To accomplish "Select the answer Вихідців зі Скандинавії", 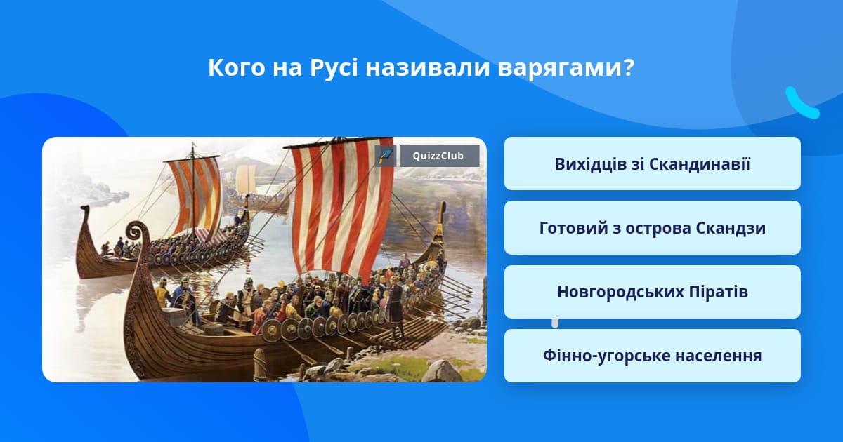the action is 653,164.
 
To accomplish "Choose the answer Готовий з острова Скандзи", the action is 653,228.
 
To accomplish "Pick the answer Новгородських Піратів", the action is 653,292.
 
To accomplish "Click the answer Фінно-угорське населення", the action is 653,356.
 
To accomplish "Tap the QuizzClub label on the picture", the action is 439,156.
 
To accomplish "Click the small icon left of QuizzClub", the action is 386,156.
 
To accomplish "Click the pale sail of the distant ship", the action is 246,179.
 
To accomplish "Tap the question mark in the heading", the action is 628,67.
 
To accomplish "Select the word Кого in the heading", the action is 236,67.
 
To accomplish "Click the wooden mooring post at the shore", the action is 259,364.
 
